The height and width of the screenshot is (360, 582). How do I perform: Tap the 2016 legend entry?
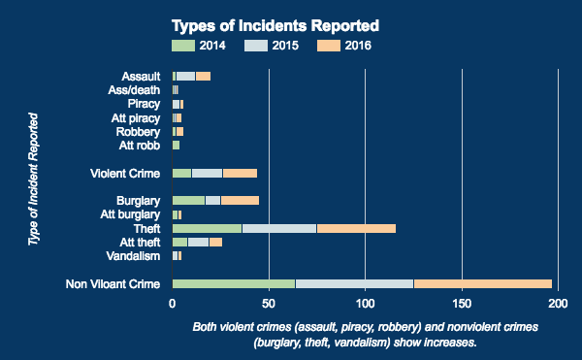(x=343, y=45)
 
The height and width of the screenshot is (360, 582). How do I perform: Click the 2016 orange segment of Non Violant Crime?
(x=482, y=283)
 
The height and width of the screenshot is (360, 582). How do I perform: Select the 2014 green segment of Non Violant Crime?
(x=233, y=283)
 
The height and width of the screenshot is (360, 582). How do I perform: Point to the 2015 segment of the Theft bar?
(x=279, y=228)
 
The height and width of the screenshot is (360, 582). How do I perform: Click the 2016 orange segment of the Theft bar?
(x=356, y=228)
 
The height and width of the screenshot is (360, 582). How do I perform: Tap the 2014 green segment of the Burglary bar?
(x=188, y=201)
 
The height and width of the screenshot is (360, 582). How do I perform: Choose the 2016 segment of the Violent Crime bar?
(x=240, y=173)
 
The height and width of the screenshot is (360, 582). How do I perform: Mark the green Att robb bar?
(x=176, y=146)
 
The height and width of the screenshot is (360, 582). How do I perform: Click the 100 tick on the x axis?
(x=365, y=303)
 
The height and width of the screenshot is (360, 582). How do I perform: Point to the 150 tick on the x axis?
(x=462, y=303)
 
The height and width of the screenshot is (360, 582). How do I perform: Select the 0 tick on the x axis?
(x=173, y=303)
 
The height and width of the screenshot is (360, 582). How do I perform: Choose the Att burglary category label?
(x=124, y=214)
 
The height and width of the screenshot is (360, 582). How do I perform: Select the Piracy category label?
(x=144, y=104)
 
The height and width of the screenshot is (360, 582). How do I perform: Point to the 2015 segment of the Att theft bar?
(x=198, y=242)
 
